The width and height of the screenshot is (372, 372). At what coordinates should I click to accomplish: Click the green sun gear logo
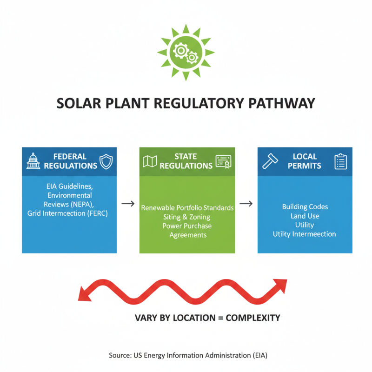pyautogui.click(x=186, y=53)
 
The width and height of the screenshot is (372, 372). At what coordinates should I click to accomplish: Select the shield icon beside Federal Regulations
pyautogui.click(x=106, y=161)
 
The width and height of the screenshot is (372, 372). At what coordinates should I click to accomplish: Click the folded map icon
pyautogui.click(x=150, y=161)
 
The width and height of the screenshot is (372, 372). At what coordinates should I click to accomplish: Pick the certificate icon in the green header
pyautogui.click(x=223, y=161)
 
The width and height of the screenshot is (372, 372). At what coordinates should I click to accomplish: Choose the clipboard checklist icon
pyautogui.click(x=341, y=161)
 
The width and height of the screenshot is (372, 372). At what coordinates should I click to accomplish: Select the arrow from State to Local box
pyautogui.click(x=246, y=204)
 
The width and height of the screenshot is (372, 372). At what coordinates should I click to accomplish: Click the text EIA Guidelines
pyautogui.click(x=69, y=186)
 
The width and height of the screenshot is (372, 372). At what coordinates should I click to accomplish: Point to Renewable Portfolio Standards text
pyautogui.click(x=187, y=207)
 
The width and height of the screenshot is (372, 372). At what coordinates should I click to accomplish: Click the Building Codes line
pyautogui.click(x=305, y=206)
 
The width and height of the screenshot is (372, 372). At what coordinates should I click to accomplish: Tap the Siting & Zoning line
pyautogui.click(x=187, y=217)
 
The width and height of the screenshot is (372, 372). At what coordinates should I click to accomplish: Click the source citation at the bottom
pyautogui.click(x=188, y=355)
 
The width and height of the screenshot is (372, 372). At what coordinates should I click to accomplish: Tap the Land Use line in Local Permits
pyautogui.click(x=305, y=216)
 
